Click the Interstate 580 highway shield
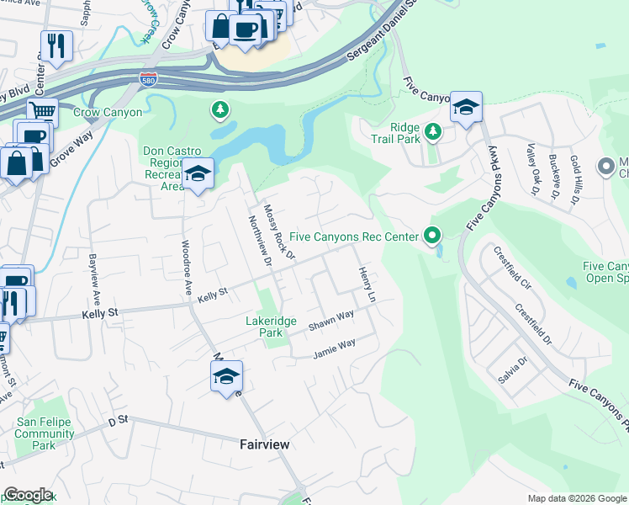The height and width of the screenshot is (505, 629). pos(147,77)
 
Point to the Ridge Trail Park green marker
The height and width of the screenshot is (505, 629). pos(432,131)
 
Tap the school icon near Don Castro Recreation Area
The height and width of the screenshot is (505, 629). pos(197,174)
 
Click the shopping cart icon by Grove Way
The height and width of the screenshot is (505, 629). pos(41,111)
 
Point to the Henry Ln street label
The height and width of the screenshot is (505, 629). pos(365,285)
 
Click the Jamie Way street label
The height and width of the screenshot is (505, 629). pos(335,348)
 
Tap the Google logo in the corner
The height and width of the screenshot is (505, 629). pos(28,495)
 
